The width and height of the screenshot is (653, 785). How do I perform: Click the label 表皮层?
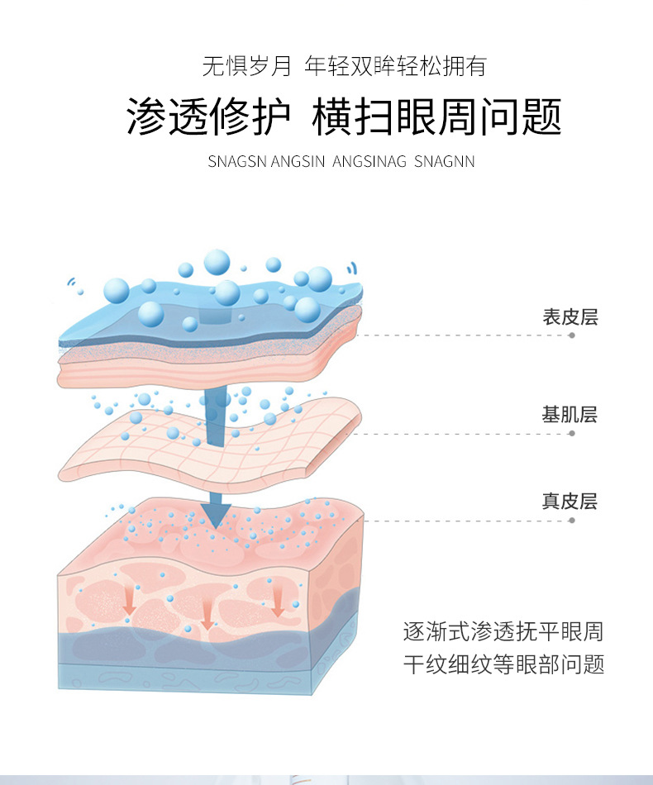(x=570, y=317)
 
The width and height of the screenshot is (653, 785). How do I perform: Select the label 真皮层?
(x=570, y=502)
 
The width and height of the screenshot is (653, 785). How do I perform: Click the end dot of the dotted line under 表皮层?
(x=572, y=336)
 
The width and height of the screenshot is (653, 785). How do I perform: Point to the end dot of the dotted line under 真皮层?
(x=572, y=521)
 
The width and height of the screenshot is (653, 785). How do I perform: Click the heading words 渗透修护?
(x=208, y=117)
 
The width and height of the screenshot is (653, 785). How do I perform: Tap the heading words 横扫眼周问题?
(x=436, y=117)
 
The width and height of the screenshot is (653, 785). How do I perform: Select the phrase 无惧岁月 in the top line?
(x=247, y=66)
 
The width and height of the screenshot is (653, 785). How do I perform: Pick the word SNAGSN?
(x=236, y=161)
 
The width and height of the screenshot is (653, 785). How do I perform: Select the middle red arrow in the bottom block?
(x=207, y=612)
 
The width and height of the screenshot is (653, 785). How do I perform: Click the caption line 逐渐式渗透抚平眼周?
(x=503, y=632)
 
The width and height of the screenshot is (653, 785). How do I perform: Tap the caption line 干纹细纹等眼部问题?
(x=503, y=664)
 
